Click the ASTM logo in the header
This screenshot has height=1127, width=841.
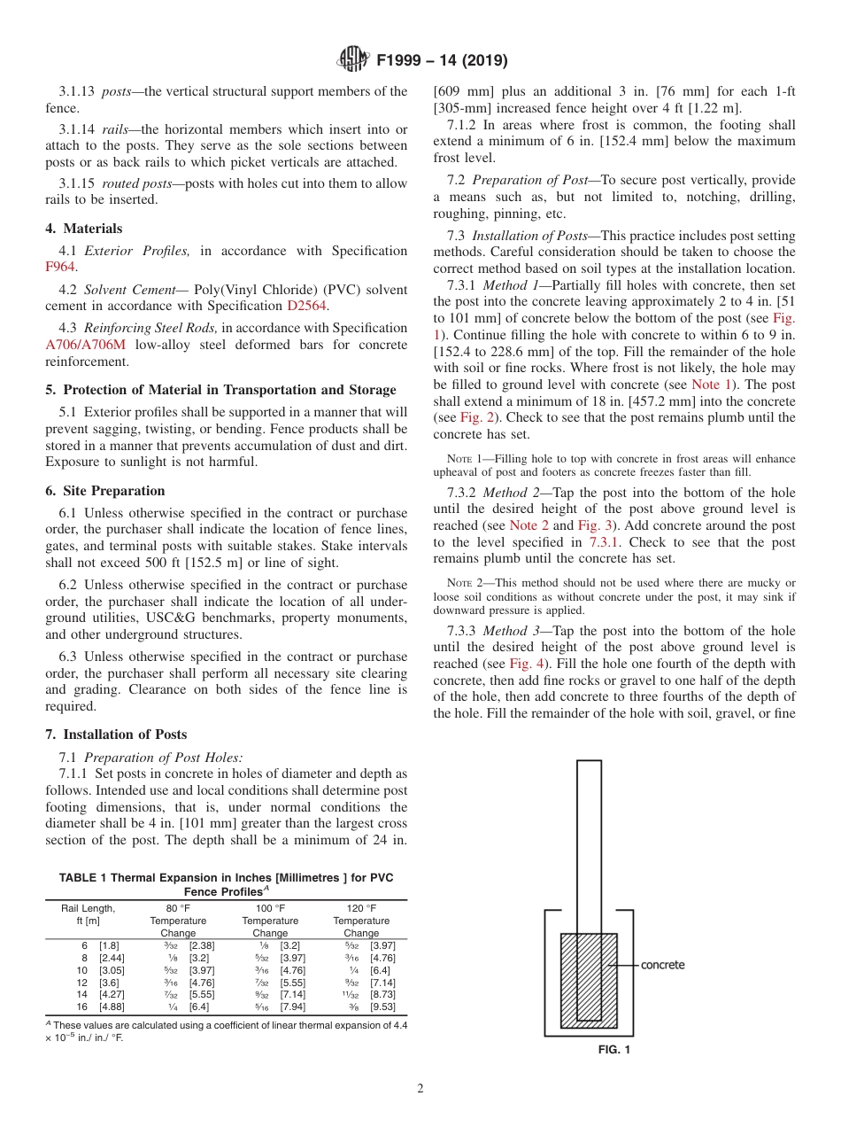click(353, 60)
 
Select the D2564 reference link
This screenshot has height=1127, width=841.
click(307, 306)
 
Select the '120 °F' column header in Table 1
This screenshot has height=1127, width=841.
click(361, 908)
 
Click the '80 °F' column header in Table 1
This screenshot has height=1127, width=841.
click(178, 908)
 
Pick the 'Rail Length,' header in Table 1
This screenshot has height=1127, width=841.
click(88, 908)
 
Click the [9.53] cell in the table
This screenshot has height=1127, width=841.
click(382, 1007)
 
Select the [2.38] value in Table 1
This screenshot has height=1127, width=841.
click(202, 945)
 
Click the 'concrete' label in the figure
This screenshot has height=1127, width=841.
click(662, 965)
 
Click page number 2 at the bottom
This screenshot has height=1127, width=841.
click(420, 1089)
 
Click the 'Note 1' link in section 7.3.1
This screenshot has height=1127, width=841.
click(705, 385)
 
